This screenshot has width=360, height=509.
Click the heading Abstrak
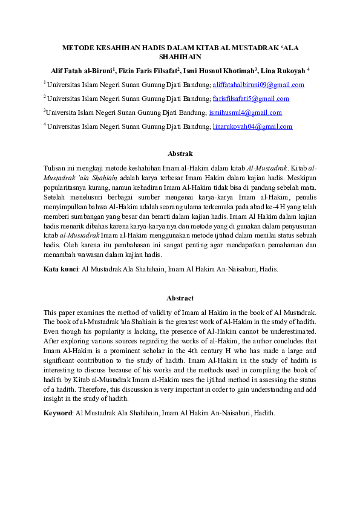(x=180, y=154)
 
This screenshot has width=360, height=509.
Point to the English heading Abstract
(x=180, y=298)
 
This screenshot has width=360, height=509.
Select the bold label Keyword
(x=58, y=413)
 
